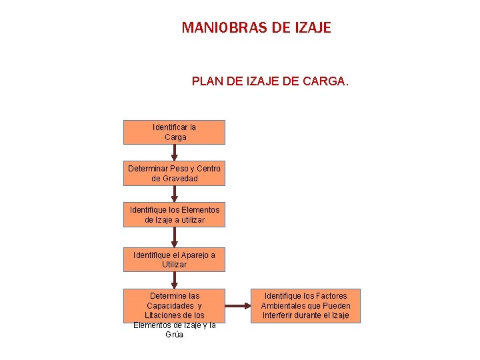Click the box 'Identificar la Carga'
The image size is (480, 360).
click(174, 132)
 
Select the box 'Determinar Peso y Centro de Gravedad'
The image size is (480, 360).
click(174, 173)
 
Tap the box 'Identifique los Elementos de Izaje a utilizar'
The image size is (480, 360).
click(174, 215)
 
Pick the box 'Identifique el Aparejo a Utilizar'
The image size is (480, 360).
click(174, 259)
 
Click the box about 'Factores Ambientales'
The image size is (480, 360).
click(305, 305)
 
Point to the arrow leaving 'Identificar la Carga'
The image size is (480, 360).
click(175, 153)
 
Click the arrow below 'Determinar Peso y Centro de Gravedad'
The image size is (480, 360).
click(175, 194)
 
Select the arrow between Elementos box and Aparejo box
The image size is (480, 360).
click(175, 237)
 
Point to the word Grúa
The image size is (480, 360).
click(174, 335)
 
